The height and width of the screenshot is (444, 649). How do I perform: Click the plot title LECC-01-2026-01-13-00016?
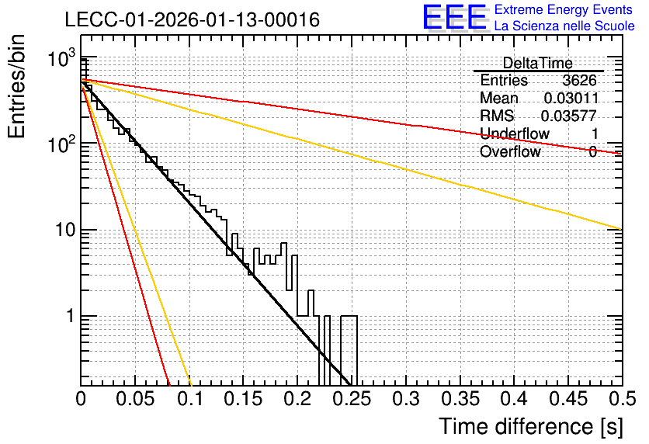pyautogui.click(x=193, y=19)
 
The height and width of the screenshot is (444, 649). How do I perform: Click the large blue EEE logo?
pyautogui.click(x=455, y=17)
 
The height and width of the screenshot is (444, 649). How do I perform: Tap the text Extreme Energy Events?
pyautogui.click(x=564, y=9)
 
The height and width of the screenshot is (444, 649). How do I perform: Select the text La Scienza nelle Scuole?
pyautogui.click(x=564, y=26)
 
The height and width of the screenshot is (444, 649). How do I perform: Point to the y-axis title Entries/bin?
pyautogui.click(x=17, y=86)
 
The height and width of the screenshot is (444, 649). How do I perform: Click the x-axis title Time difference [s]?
pyautogui.click(x=531, y=427)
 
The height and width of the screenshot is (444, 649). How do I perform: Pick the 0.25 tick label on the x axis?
pyautogui.click(x=352, y=399)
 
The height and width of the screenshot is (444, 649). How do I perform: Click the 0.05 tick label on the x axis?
pyautogui.click(x=135, y=399)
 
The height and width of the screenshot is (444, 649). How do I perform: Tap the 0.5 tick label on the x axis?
pyautogui.click(x=622, y=399)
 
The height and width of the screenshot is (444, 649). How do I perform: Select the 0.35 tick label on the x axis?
pyautogui.click(x=460, y=399)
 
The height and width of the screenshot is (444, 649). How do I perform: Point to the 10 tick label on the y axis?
pyautogui.click(x=66, y=230)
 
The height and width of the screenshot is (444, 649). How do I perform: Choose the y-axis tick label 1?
pyautogui.click(x=71, y=316)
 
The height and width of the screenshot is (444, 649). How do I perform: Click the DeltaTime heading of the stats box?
pyautogui.click(x=538, y=63)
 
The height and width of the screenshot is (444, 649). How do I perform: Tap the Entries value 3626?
pyautogui.click(x=579, y=80)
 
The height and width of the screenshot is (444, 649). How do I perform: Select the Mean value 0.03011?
pyautogui.click(x=571, y=98)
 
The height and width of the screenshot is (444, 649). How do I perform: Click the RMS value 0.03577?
pyautogui.click(x=569, y=116)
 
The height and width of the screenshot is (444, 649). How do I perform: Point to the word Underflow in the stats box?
pyautogui.click(x=515, y=134)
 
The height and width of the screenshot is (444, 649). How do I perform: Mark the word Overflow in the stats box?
pyautogui.click(x=510, y=152)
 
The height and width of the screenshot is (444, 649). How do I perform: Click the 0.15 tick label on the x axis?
pyautogui.click(x=244, y=399)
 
